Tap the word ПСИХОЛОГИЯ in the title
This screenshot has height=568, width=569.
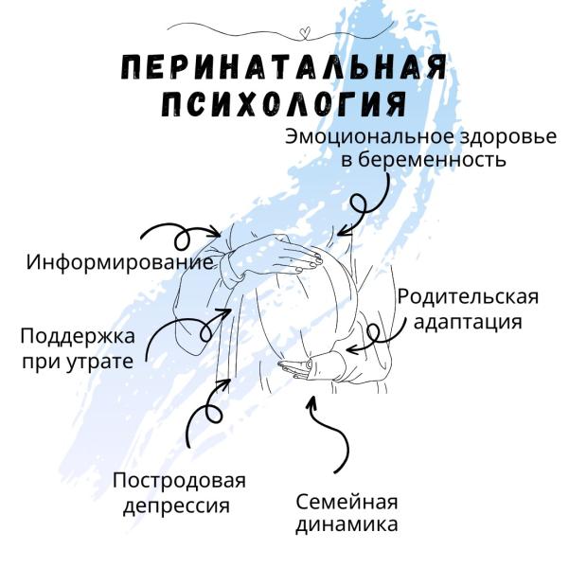click(x=284, y=102)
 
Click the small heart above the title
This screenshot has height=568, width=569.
click(x=303, y=34)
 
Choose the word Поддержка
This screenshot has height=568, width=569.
click(x=78, y=336)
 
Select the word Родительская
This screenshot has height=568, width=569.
click(x=468, y=297)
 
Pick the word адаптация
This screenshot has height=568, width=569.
click(x=468, y=321)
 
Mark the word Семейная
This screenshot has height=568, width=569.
click(x=347, y=501)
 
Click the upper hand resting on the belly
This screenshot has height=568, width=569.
click(x=293, y=257)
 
